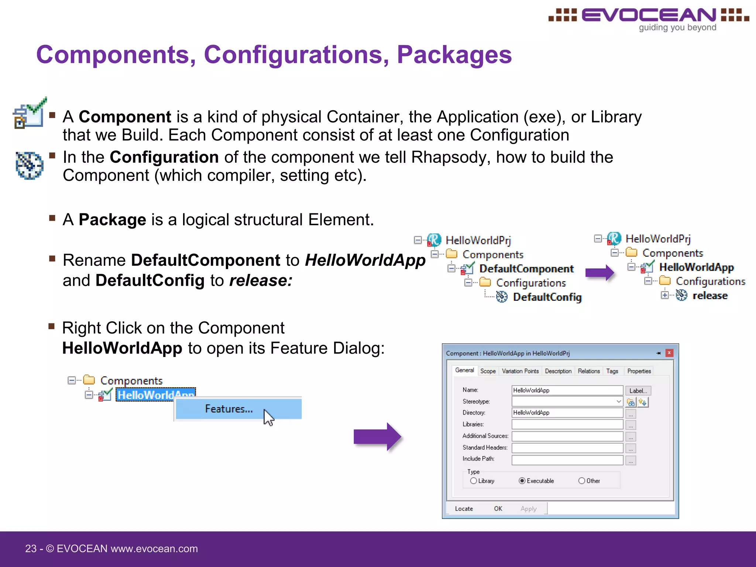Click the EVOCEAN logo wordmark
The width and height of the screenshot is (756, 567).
coord(649,16)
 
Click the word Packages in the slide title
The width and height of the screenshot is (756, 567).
coord(454,55)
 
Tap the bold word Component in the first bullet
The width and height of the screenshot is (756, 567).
coord(125,117)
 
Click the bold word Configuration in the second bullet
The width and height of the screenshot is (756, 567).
coord(164,157)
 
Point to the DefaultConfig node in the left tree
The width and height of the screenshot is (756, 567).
coord(547,297)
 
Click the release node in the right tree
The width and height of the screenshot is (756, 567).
coord(709,296)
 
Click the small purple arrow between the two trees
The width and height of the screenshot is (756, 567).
coord(599,273)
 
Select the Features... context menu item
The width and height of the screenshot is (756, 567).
coord(229,409)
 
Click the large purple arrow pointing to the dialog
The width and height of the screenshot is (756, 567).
coord(377,437)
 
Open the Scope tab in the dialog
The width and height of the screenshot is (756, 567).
coord(488,371)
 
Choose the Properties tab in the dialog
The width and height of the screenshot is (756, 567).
coord(639,371)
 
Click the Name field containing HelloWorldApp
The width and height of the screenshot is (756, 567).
coord(567,391)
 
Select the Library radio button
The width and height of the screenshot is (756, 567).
coord(474,481)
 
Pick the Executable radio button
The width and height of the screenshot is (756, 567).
coord(522,481)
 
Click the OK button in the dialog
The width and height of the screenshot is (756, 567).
coord(498,509)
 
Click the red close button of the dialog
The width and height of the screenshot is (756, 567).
coord(669,353)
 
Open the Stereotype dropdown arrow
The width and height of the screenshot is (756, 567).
coord(619,402)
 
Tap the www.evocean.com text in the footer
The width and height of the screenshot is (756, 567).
coord(154,549)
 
